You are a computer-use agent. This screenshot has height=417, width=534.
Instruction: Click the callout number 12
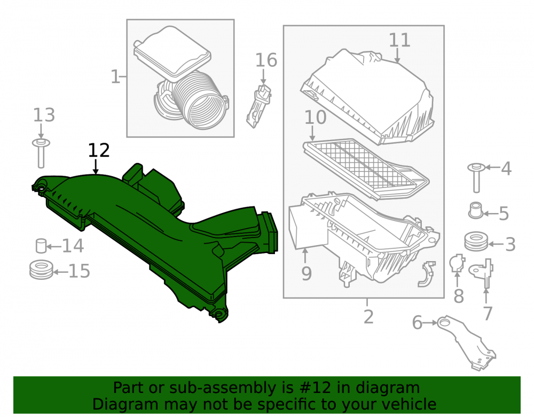pyautogui.click(x=99, y=150)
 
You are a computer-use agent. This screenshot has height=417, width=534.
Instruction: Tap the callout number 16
pyautogui.click(x=266, y=60)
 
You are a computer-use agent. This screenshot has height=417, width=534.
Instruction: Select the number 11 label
pyautogui.click(x=399, y=40)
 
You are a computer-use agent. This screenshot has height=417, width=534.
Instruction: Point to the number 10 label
pyautogui.click(x=315, y=117)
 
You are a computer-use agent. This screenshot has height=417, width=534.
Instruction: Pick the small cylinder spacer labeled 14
pyautogui.click(x=41, y=246)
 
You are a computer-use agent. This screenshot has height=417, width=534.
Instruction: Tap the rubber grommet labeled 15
pyautogui.click(x=41, y=270)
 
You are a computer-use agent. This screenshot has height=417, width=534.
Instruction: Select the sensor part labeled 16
pyautogui.click(x=259, y=106)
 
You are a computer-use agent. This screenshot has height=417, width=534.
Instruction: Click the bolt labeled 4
pyautogui.click(x=476, y=178)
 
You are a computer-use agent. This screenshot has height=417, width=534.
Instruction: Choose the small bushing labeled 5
pyautogui.click(x=476, y=210)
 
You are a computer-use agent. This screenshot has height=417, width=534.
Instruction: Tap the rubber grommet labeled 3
pyautogui.click(x=476, y=242)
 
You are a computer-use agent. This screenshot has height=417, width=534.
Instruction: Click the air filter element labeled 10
pyautogui.click(x=366, y=169)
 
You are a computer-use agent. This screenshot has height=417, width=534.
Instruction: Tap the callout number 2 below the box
pyautogui.click(x=368, y=317)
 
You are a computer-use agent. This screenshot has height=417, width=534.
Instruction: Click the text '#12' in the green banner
pyautogui.click(x=313, y=388)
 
